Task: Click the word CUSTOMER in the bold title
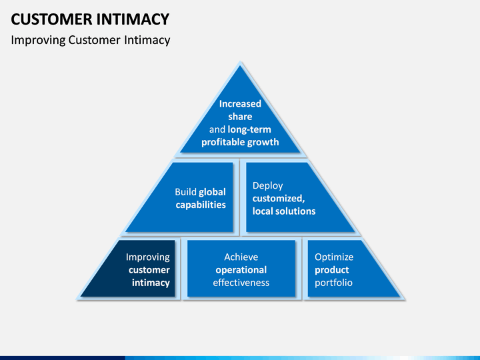tap(51, 19)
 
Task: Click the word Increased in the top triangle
tap(240, 104)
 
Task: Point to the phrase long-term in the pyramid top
tap(249, 129)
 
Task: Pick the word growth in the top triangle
tap(263, 143)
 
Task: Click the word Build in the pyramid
tap(185, 192)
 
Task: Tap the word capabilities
tap(201, 205)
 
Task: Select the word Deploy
tap(267, 186)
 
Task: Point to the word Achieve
tap(241, 257)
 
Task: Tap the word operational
tap(241, 270)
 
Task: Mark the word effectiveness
tap(241, 283)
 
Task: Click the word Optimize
tap(334, 257)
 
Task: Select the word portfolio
tap(333, 283)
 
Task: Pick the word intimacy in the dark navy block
tap(151, 283)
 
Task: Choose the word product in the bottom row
tap(331, 270)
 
